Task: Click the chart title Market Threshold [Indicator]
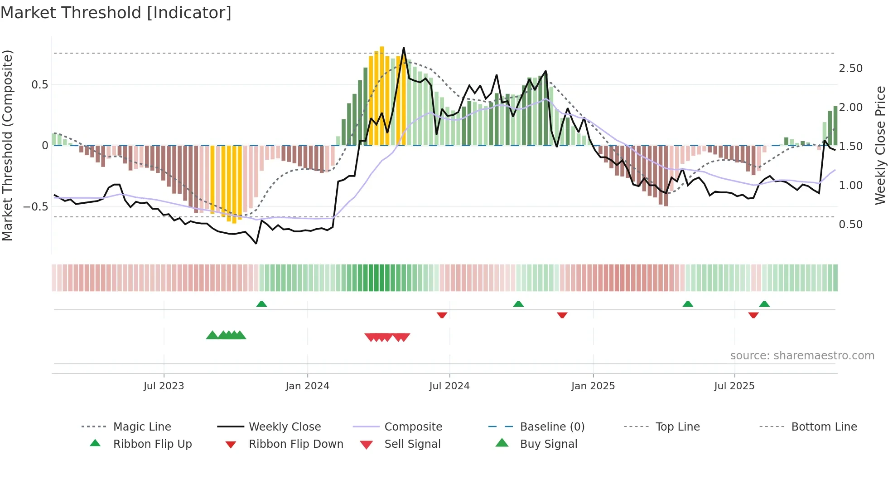[x=116, y=13]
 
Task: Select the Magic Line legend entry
[x=142, y=427]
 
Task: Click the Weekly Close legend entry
[x=285, y=427]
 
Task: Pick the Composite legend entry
[x=413, y=427]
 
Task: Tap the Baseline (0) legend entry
[x=552, y=427]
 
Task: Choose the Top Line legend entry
[x=677, y=427]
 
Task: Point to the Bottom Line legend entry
[x=824, y=427]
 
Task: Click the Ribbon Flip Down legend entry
[x=296, y=444]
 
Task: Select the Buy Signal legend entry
[x=548, y=444]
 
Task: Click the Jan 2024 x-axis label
[x=307, y=386]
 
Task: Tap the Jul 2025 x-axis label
[x=734, y=386]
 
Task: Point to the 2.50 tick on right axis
[x=850, y=69]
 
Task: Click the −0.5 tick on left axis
[x=35, y=207]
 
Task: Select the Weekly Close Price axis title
[x=880, y=145]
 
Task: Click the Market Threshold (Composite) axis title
[x=7, y=145]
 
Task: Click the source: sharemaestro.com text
[x=802, y=356]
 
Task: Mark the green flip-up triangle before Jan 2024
[x=261, y=304]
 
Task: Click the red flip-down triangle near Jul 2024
[x=442, y=315]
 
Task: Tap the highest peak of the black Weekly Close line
[x=404, y=48]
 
